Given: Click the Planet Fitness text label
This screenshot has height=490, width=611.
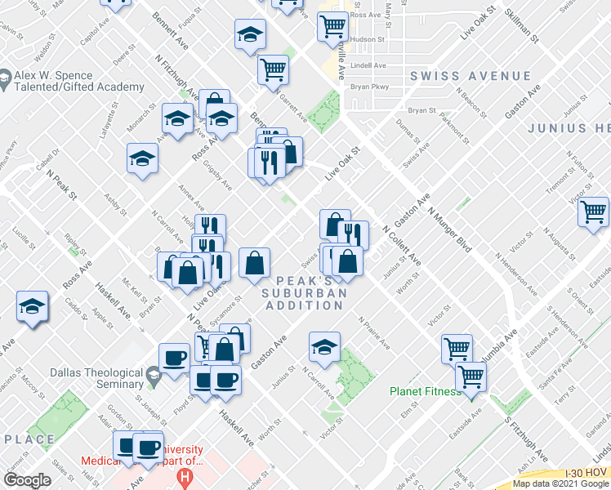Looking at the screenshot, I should (x=425, y=391).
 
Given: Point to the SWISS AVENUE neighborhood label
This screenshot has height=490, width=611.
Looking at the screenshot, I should (x=471, y=76).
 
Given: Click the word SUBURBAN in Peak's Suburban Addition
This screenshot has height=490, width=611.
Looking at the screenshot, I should (x=305, y=292).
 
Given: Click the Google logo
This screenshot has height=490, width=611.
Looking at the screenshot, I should (x=27, y=480).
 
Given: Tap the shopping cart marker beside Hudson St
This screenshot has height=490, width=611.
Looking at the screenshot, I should (x=332, y=26).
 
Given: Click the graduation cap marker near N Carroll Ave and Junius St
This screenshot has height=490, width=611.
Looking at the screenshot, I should (x=324, y=346).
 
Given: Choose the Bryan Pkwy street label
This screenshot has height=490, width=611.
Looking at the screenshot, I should (x=368, y=84).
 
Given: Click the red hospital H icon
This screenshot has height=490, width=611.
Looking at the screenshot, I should (x=187, y=476).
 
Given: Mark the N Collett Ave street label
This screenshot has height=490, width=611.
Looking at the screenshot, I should (x=401, y=246).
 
